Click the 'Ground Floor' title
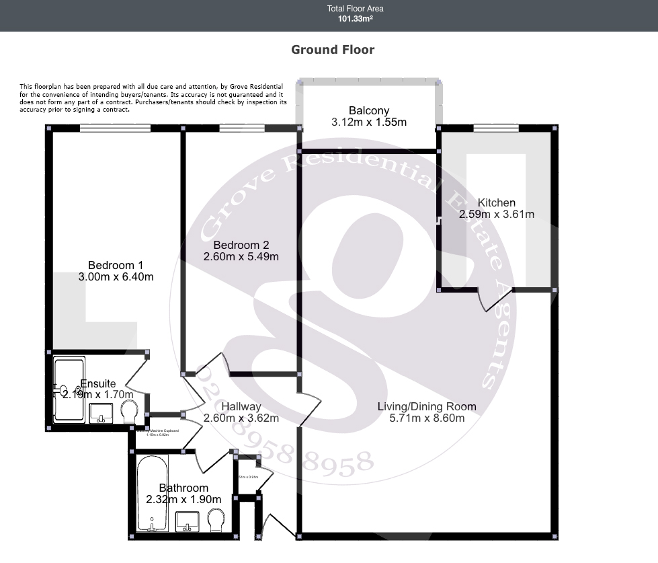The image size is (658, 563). click(x=332, y=50)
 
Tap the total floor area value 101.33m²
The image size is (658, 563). click(x=355, y=19)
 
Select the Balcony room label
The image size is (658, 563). click(x=368, y=111)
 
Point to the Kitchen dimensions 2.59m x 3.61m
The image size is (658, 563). click(x=496, y=215)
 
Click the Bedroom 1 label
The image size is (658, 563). click(x=116, y=265)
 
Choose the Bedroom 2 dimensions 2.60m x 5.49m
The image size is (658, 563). click(x=241, y=256)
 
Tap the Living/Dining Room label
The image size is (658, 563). click(x=426, y=406)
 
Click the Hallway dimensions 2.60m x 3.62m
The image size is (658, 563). click(x=241, y=418)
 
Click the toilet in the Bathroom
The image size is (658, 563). click(x=216, y=519)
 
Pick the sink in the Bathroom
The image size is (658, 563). click(x=187, y=521)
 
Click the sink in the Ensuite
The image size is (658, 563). click(x=101, y=412)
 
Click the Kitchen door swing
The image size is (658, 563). click(x=489, y=300)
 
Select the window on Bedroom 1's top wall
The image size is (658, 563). click(x=115, y=128)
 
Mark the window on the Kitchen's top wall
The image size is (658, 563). click(x=495, y=128)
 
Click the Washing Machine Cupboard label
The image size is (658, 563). click(x=158, y=432)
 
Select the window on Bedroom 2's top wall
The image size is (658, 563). click(x=241, y=128)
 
